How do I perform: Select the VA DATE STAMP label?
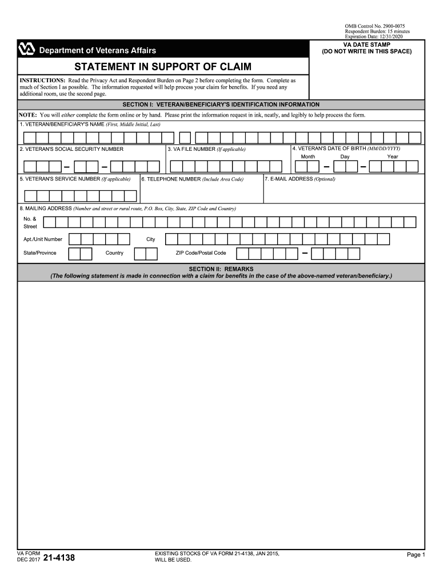click(x=366, y=44)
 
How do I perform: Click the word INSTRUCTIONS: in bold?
click(x=42, y=81)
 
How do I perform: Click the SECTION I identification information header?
click(x=221, y=105)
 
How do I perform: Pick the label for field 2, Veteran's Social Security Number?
click(x=71, y=149)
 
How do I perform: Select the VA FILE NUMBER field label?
click(x=206, y=149)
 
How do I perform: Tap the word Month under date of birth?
click(x=308, y=157)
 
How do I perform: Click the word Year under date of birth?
click(x=393, y=157)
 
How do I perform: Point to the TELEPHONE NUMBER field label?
click(x=193, y=179)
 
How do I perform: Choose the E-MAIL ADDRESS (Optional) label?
click(x=300, y=179)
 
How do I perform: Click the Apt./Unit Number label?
click(x=43, y=239)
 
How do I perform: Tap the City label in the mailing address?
click(x=151, y=239)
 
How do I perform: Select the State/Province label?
click(x=40, y=253)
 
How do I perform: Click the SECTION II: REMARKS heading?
click(x=221, y=269)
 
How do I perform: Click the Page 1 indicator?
click(x=415, y=555)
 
